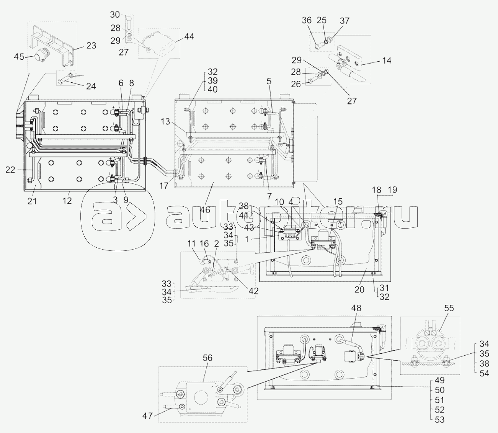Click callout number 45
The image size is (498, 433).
pyautogui.click(x=19, y=57)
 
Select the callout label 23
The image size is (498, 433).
pyautogui.click(x=91, y=46)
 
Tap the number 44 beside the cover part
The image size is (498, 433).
pyautogui.click(x=189, y=37)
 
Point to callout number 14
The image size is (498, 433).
pyautogui.click(x=387, y=60)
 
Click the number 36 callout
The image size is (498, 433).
pyautogui.click(x=307, y=21)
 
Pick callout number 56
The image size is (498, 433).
pyautogui.click(x=207, y=358)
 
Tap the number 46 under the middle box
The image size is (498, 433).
pyautogui.click(x=205, y=209)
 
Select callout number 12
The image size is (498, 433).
pyautogui.click(x=67, y=200)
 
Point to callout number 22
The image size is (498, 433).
pyautogui.click(x=10, y=170)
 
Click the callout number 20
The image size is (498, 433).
pyautogui.click(x=359, y=290)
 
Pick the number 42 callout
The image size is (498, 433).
pyautogui.click(x=253, y=291)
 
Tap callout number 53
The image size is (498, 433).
pyautogui.click(x=440, y=420)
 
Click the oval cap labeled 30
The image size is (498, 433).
pyautogui.click(x=130, y=19)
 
